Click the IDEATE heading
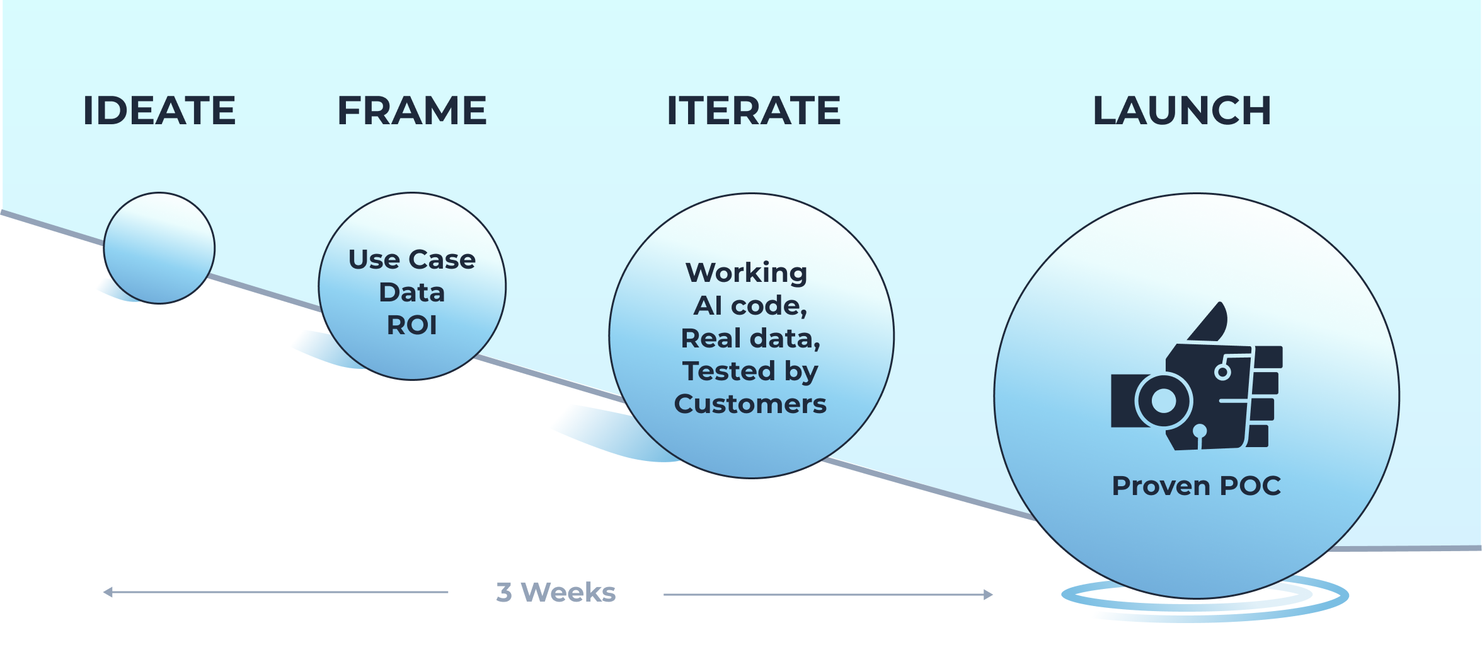pos(159,111)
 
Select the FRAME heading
pos(412,111)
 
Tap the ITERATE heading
pos(754,111)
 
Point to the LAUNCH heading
pos(1182,111)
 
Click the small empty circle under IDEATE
pos(159,248)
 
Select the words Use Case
pos(412,260)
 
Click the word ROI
pos(412,325)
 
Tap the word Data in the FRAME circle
pos(412,293)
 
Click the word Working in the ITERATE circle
pos(747,273)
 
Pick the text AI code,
pos(750,306)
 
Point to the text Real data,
pos(750,339)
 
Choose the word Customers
pos(750,404)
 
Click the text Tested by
pos(750,371)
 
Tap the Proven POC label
pos(1197,486)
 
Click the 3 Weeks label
pos(556,593)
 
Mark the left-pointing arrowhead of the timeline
pos(108,592)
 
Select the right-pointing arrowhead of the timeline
pos(988,594)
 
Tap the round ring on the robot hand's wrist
pos(1163,400)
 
